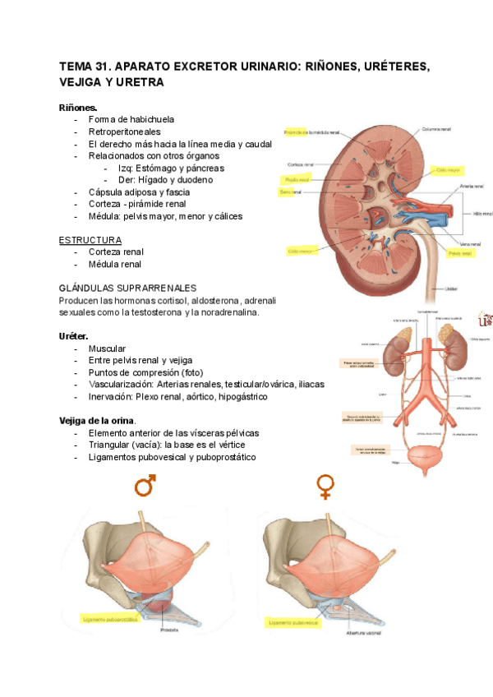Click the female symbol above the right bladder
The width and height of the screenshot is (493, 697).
325,487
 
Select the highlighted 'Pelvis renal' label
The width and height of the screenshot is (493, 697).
459,254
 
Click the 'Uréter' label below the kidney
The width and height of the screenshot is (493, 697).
451,288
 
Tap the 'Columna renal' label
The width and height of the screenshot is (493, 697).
437,129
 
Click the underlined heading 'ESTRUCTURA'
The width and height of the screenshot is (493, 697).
90,239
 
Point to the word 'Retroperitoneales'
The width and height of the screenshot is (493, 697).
124,132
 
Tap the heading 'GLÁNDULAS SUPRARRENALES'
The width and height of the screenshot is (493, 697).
128,288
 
